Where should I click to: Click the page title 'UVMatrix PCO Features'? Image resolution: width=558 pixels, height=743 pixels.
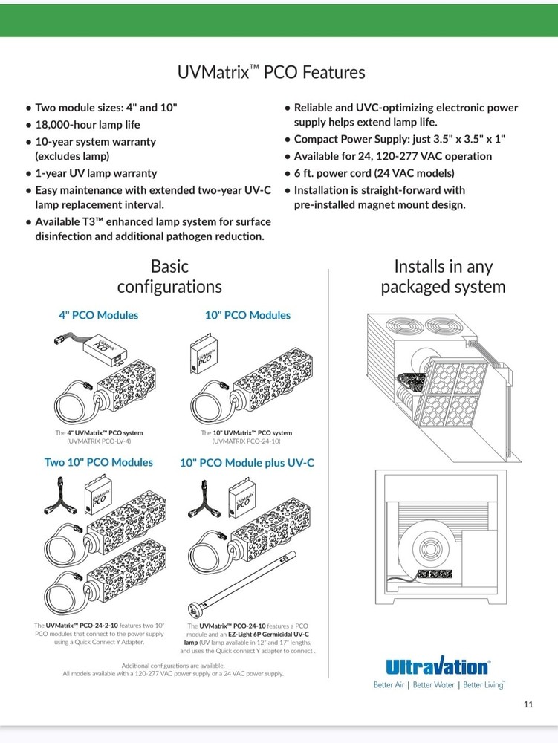point(271,73)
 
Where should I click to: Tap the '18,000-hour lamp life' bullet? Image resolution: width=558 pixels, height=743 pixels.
point(88,125)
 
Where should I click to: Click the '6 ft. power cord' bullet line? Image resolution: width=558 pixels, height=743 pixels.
point(374,173)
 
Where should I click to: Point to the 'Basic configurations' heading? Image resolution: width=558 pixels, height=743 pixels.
point(169,276)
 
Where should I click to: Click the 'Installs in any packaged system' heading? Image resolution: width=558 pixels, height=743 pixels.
point(443,276)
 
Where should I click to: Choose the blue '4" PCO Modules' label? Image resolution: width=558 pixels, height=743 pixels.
point(99,315)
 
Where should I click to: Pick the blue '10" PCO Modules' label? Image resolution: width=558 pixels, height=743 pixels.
point(247,315)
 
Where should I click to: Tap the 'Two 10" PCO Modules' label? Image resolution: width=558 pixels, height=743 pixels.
point(99,462)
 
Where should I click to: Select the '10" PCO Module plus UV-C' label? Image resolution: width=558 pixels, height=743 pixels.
point(247,462)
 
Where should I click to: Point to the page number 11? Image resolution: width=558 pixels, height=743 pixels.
point(528,704)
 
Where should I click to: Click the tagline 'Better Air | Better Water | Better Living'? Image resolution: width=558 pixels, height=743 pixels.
point(438,684)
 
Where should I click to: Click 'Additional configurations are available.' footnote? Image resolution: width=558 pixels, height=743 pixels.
point(172,665)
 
